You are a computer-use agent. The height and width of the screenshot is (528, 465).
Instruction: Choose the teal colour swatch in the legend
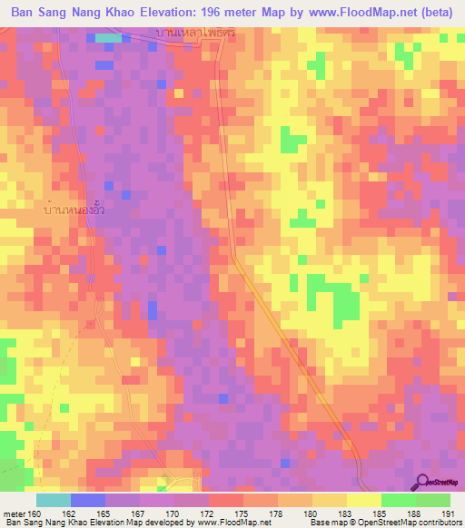54,500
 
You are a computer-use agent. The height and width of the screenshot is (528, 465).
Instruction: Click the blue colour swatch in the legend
87,500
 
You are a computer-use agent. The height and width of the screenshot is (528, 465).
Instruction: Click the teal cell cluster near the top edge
109,38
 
